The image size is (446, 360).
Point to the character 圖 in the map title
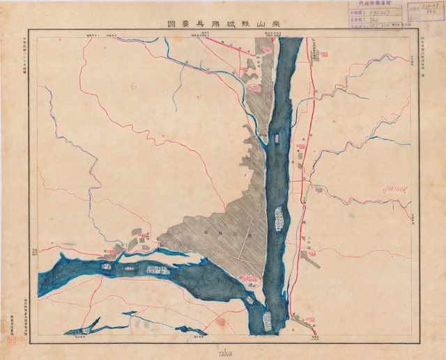pyautogui.click(x=169, y=23)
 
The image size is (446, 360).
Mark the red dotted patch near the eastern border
pyautogui.click(x=395, y=187)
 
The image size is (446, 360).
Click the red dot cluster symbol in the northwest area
pyautogui.click(x=132, y=85)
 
